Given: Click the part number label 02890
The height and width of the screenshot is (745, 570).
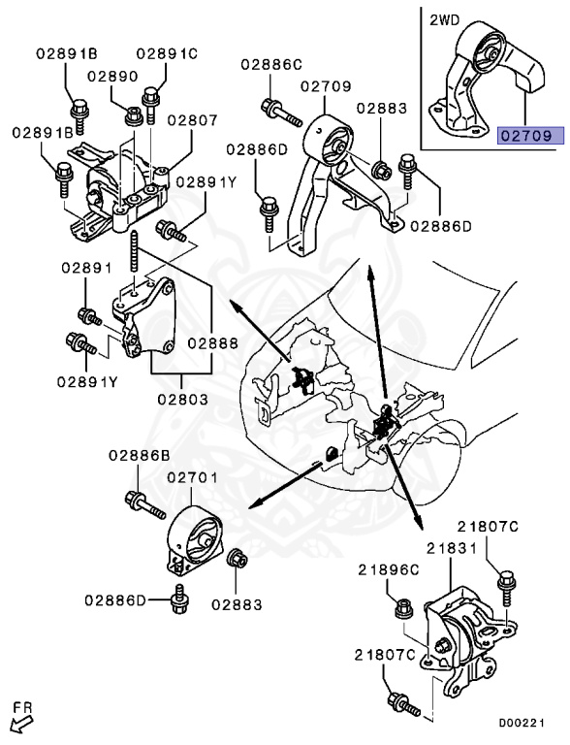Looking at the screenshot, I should pos(112,75).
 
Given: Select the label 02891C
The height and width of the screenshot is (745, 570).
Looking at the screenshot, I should pos(166,53).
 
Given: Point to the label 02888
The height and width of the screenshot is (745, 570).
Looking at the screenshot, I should pos(212,342).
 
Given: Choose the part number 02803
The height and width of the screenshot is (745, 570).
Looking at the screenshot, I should pos(180,398).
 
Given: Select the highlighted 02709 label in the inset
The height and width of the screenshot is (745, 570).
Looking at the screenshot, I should pos(529,136).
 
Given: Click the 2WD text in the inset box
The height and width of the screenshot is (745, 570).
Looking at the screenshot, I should pos(445,16).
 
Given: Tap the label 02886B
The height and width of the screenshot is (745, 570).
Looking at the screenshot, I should pos(139,454).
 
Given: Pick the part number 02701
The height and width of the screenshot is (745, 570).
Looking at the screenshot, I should pos(194,478).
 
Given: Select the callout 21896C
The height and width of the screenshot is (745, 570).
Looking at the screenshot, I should pos(389,569).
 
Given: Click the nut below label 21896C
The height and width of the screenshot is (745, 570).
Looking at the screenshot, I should pos(405,608).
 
